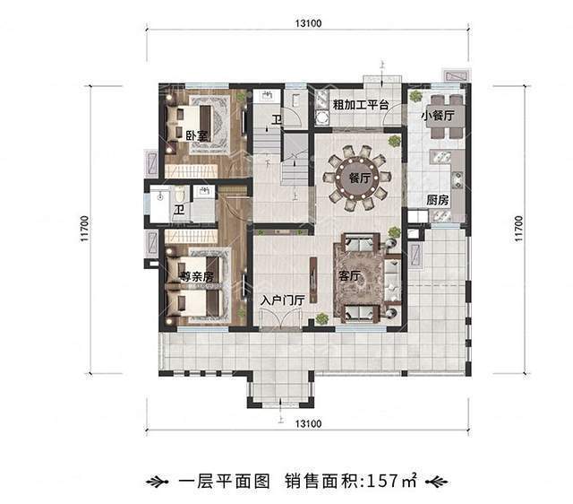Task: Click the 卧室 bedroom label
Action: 196,135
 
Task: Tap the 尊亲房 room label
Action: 195,277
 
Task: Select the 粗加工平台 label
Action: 359,104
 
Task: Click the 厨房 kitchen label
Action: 436,201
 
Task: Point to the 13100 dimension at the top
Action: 307,24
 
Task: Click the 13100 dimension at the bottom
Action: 307,422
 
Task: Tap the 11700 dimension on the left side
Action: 83,229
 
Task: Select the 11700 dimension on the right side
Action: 518,229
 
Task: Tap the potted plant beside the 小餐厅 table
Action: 415,96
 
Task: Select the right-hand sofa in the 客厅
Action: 392,280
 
